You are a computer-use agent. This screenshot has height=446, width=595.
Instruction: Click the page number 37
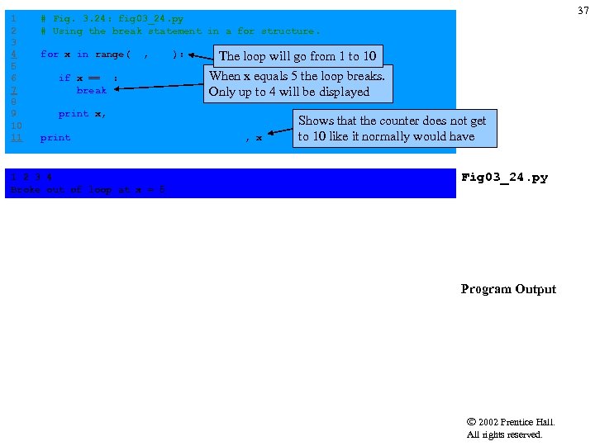[x=583, y=10]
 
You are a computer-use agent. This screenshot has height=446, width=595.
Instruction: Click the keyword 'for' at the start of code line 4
[x=49, y=55]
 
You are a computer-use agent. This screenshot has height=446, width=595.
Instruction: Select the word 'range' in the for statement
[x=109, y=55]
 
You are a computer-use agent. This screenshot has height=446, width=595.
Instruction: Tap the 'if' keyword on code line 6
[x=64, y=78]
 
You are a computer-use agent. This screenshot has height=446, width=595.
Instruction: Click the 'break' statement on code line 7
[x=91, y=90]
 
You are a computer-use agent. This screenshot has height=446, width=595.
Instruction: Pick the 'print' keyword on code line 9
[x=73, y=114]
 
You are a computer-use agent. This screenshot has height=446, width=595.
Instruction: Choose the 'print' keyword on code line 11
[x=55, y=138]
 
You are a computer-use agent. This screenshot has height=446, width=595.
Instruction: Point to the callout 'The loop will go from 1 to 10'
[x=297, y=56]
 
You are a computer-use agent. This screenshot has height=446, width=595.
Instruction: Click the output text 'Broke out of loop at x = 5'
[x=87, y=190]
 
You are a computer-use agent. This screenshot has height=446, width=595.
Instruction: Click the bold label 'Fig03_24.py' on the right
[x=504, y=178]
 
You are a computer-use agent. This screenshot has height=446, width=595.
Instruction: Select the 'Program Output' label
[x=508, y=289]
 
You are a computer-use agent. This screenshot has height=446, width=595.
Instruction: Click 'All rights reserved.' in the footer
[x=504, y=434]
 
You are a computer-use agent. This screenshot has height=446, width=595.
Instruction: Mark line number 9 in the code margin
[x=13, y=114]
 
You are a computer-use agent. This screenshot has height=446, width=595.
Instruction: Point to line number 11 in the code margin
[x=16, y=138]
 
